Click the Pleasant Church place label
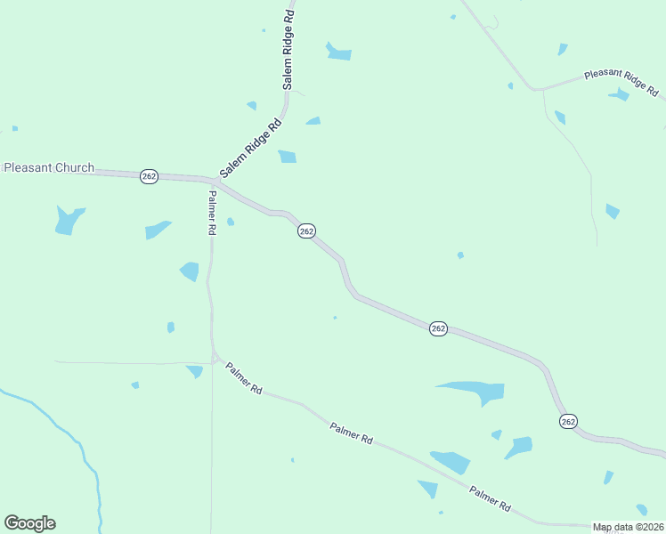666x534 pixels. [x=49, y=167]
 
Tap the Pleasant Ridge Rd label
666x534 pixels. [x=621, y=83]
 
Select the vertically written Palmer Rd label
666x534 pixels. [x=212, y=213]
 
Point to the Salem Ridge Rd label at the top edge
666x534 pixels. [x=288, y=51]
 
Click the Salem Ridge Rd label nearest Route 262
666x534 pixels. [x=251, y=147]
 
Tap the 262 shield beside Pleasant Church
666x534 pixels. [x=149, y=177]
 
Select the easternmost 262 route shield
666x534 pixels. [x=568, y=421]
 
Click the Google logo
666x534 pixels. [x=29, y=523]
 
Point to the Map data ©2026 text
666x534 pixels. [x=628, y=527]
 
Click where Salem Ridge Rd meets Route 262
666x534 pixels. [x=218, y=181]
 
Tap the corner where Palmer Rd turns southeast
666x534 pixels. [x=215, y=358]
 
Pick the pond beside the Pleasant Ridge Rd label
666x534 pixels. [x=620, y=94]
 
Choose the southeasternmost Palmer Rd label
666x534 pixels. [x=491, y=498]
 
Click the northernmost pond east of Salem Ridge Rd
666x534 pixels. [x=337, y=52]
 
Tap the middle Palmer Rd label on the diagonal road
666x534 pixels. [x=350, y=433]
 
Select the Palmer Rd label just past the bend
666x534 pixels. [x=244, y=378]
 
